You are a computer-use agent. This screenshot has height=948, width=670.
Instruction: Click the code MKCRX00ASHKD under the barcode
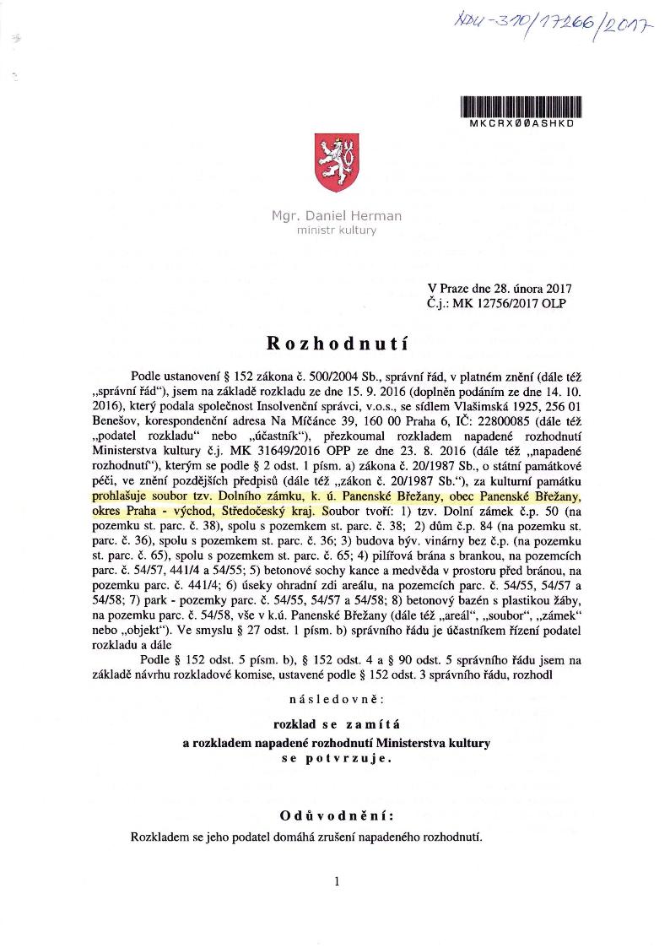point(521,122)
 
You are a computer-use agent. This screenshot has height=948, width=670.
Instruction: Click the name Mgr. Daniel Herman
point(336,216)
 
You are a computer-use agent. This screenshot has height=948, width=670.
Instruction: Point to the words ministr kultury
point(336,230)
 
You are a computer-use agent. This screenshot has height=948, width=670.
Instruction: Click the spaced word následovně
point(337,700)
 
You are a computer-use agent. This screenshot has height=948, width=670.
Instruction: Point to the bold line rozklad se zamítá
point(337,724)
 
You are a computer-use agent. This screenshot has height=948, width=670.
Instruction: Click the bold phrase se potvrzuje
point(337,758)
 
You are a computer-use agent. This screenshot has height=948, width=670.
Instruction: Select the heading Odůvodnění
point(337,816)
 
